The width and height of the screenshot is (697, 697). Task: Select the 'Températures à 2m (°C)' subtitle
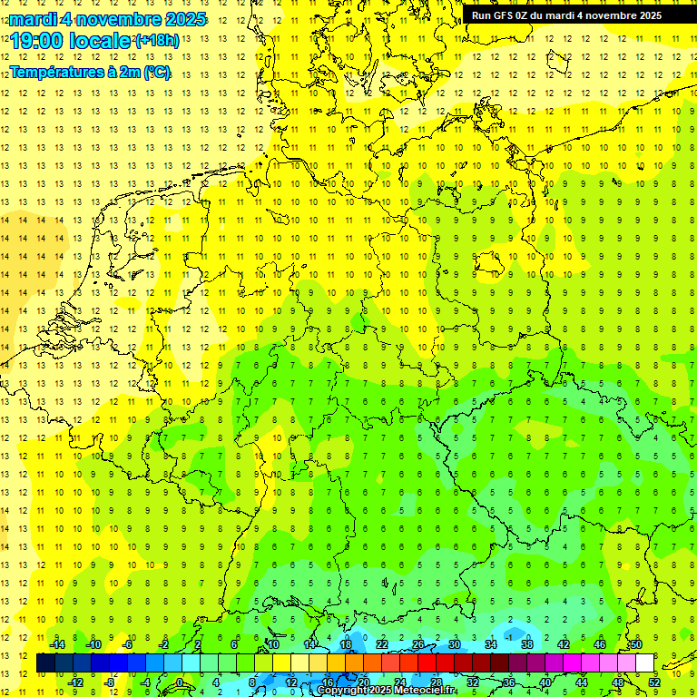[89, 72]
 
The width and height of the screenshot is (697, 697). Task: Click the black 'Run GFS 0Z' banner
[566, 15]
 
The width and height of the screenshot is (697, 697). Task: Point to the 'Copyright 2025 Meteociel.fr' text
[387, 691]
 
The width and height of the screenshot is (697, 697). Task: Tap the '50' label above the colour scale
[636, 644]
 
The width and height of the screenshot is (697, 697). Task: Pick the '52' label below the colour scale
[654, 682]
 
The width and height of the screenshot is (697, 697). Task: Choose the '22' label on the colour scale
[382, 644]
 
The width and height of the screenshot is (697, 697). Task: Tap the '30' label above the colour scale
[455, 644]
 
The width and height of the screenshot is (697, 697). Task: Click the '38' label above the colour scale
[527, 644]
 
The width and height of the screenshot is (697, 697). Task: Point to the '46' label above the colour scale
[600, 644]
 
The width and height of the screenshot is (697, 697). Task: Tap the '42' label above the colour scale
[564, 644]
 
